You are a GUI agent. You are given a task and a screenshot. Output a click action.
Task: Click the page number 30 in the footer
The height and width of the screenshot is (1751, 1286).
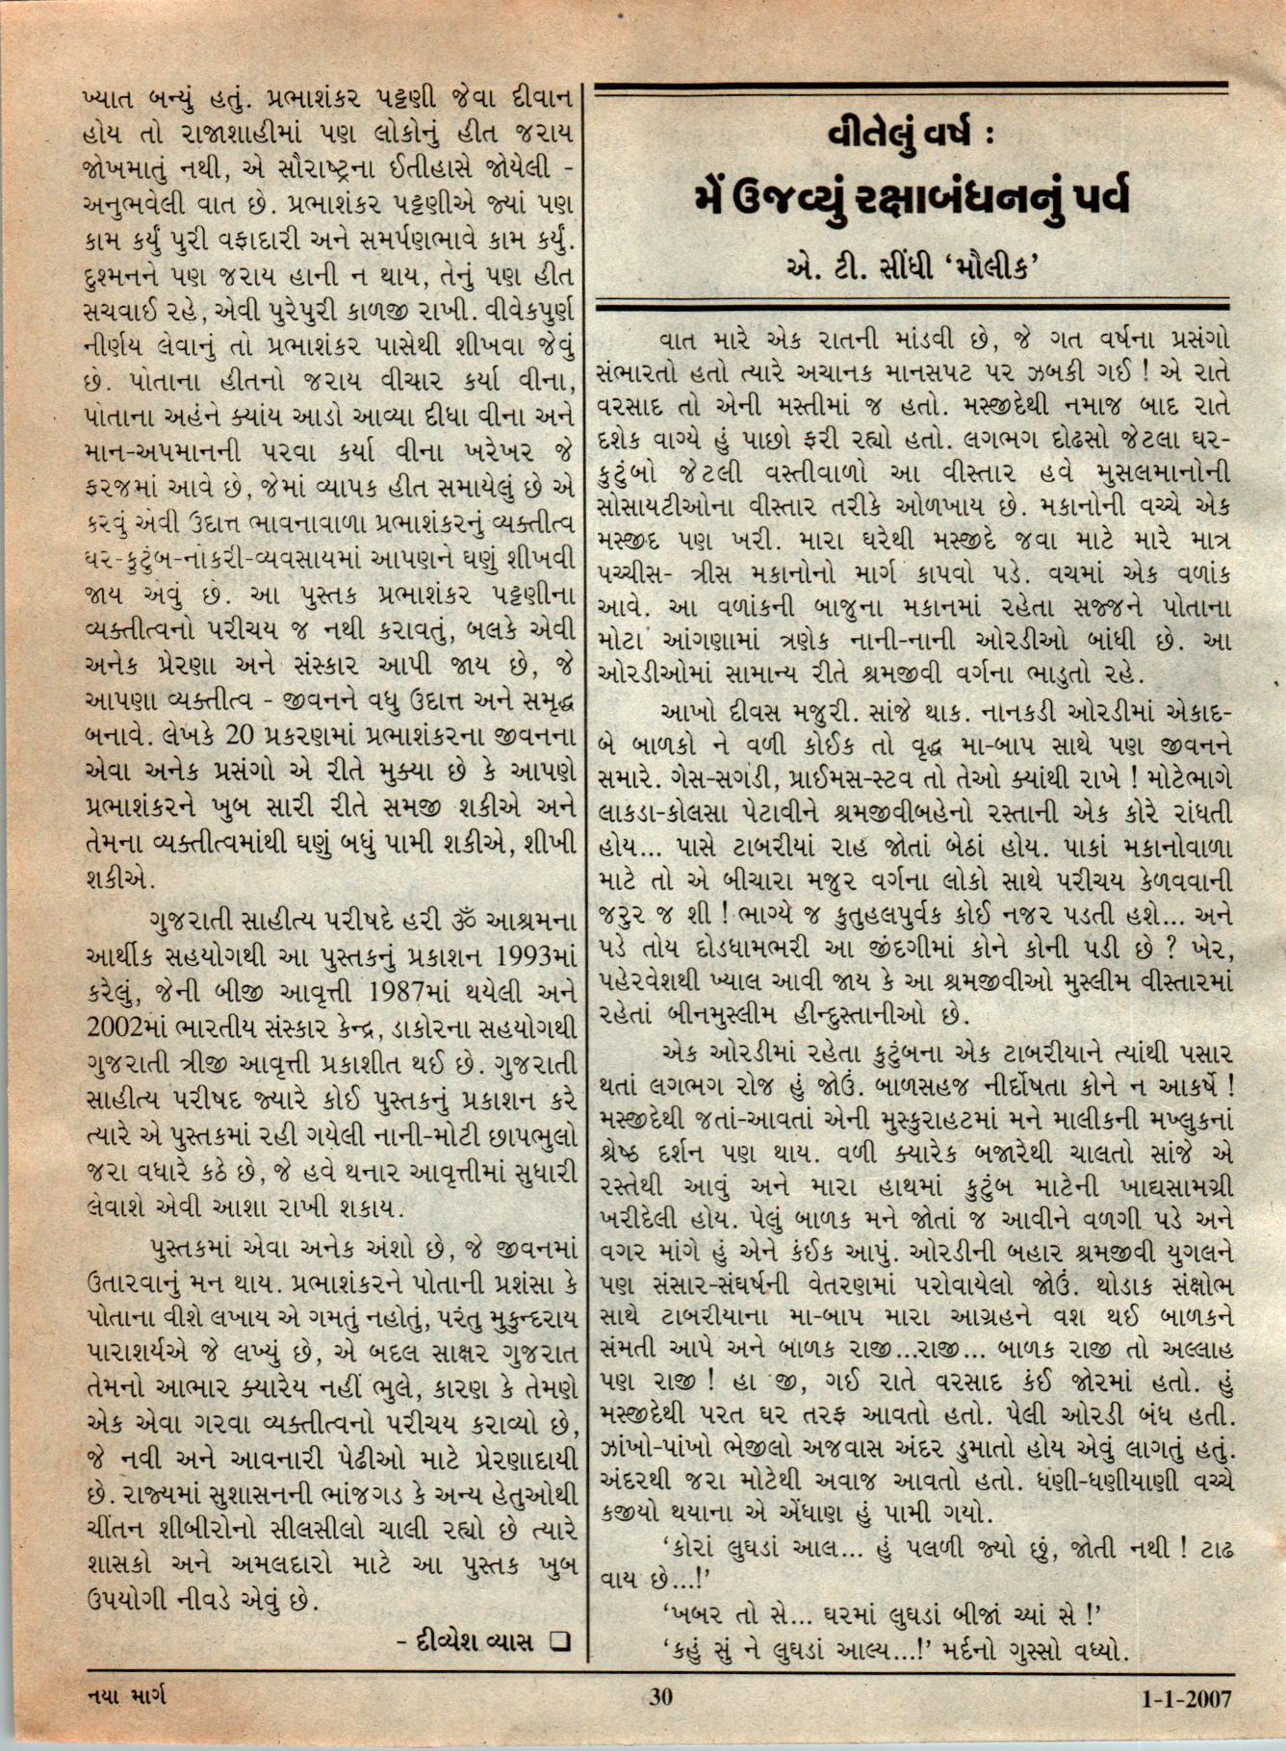(x=660, y=1696)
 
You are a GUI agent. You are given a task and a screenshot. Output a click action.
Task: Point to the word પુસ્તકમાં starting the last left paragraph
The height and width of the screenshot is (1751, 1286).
(x=200, y=1250)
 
